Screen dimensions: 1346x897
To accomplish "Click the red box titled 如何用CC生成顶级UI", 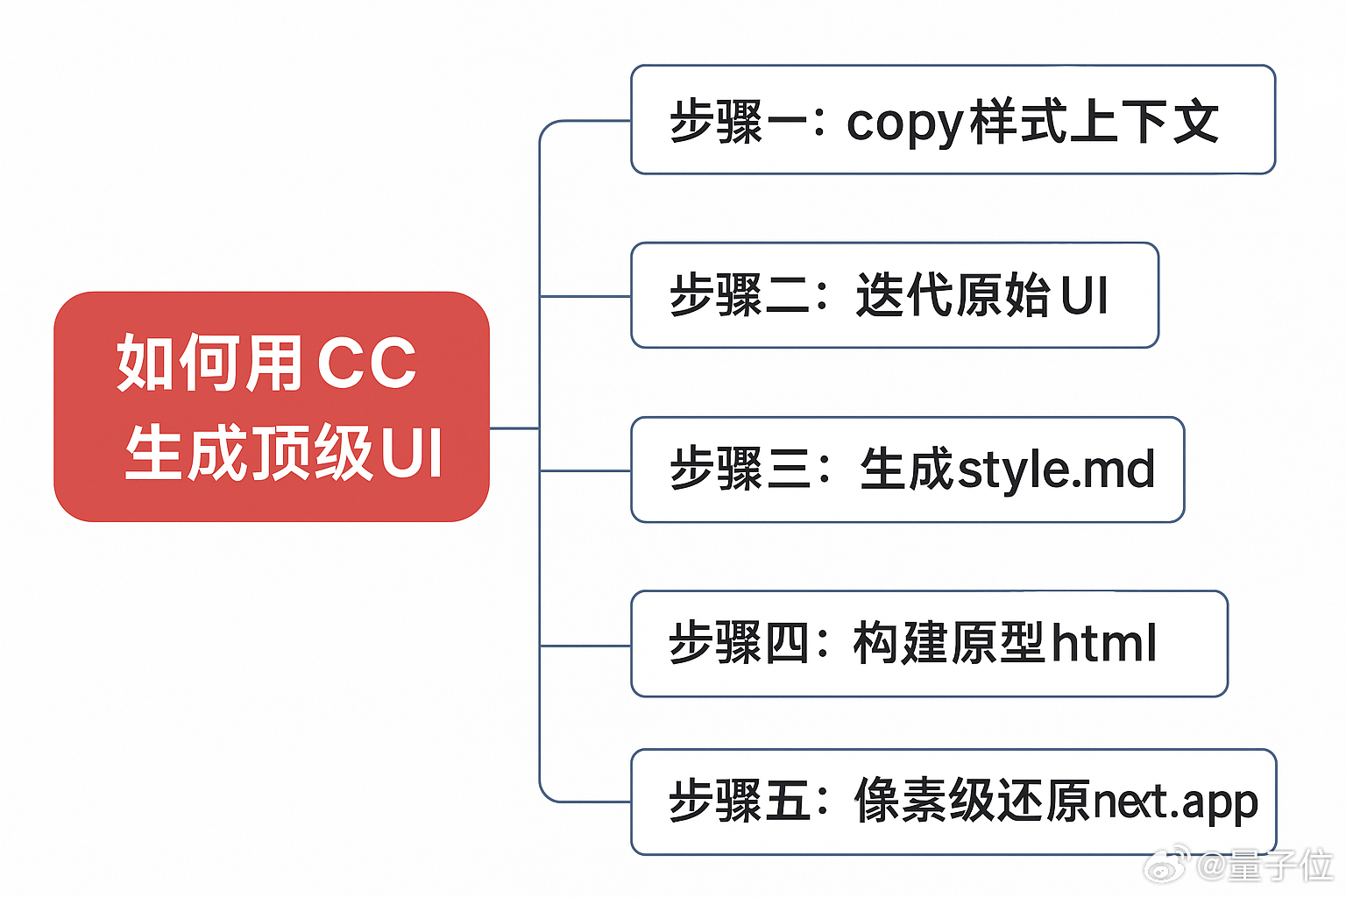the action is pyautogui.click(x=272, y=406).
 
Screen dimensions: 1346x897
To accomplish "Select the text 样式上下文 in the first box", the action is pyautogui.click(x=1094, y=121).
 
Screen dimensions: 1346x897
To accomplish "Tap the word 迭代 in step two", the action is pyautogui.click(x=903, y=294).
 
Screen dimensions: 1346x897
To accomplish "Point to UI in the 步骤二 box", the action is pyautogui.click(x=1084, y=295).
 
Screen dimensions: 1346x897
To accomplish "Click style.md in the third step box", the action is pyautogui.click(x=1055, y=470).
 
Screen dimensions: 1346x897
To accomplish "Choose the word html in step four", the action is pyautogui.click(x=1103, y=643).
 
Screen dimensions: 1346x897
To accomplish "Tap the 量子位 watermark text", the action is pyautogui.click(x=1279, y=865).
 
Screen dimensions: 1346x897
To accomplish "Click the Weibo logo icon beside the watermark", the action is pyautogui.click(x=1168, y=865).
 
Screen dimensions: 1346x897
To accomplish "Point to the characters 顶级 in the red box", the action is pyautogui.click(x=312, y=452).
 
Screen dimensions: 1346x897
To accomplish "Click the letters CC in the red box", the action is pyautogui.click(x=366, y=363).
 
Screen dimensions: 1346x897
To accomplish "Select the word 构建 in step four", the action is pyautogui.click(x=902, y=643).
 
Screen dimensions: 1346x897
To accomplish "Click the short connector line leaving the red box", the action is pyautogui.click(x=514, y=428).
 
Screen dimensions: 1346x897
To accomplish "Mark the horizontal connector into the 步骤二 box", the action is pyautogui.click(x=585, y=296).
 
